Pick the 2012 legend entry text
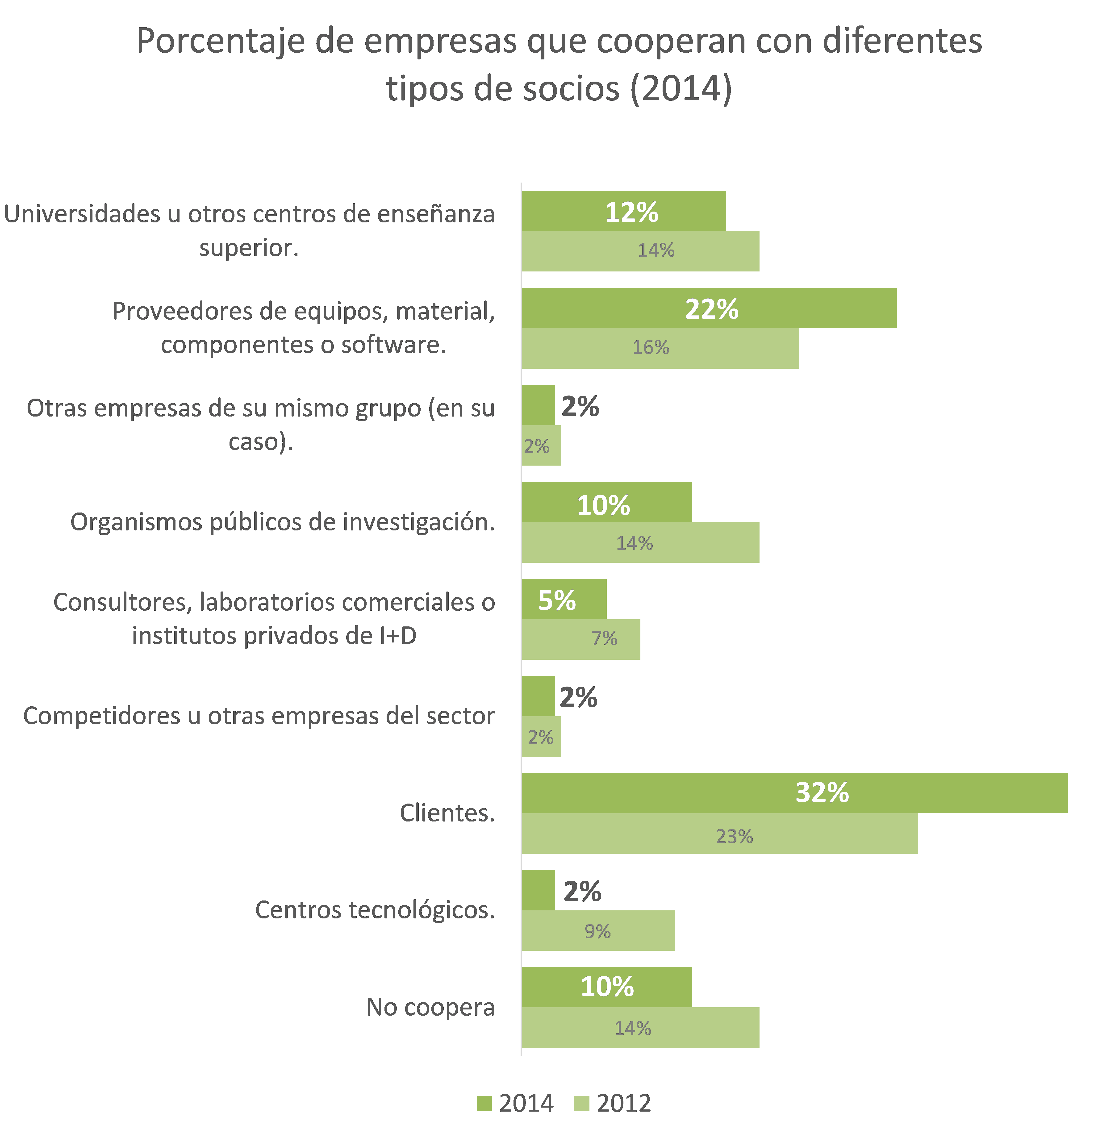(624, 1103)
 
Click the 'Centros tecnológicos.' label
(375, 909)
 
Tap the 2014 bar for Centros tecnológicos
(538, 890)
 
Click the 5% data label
(557, 600)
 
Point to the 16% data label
(651, 347)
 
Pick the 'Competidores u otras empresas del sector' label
(259, 716)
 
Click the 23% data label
(734, 836)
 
